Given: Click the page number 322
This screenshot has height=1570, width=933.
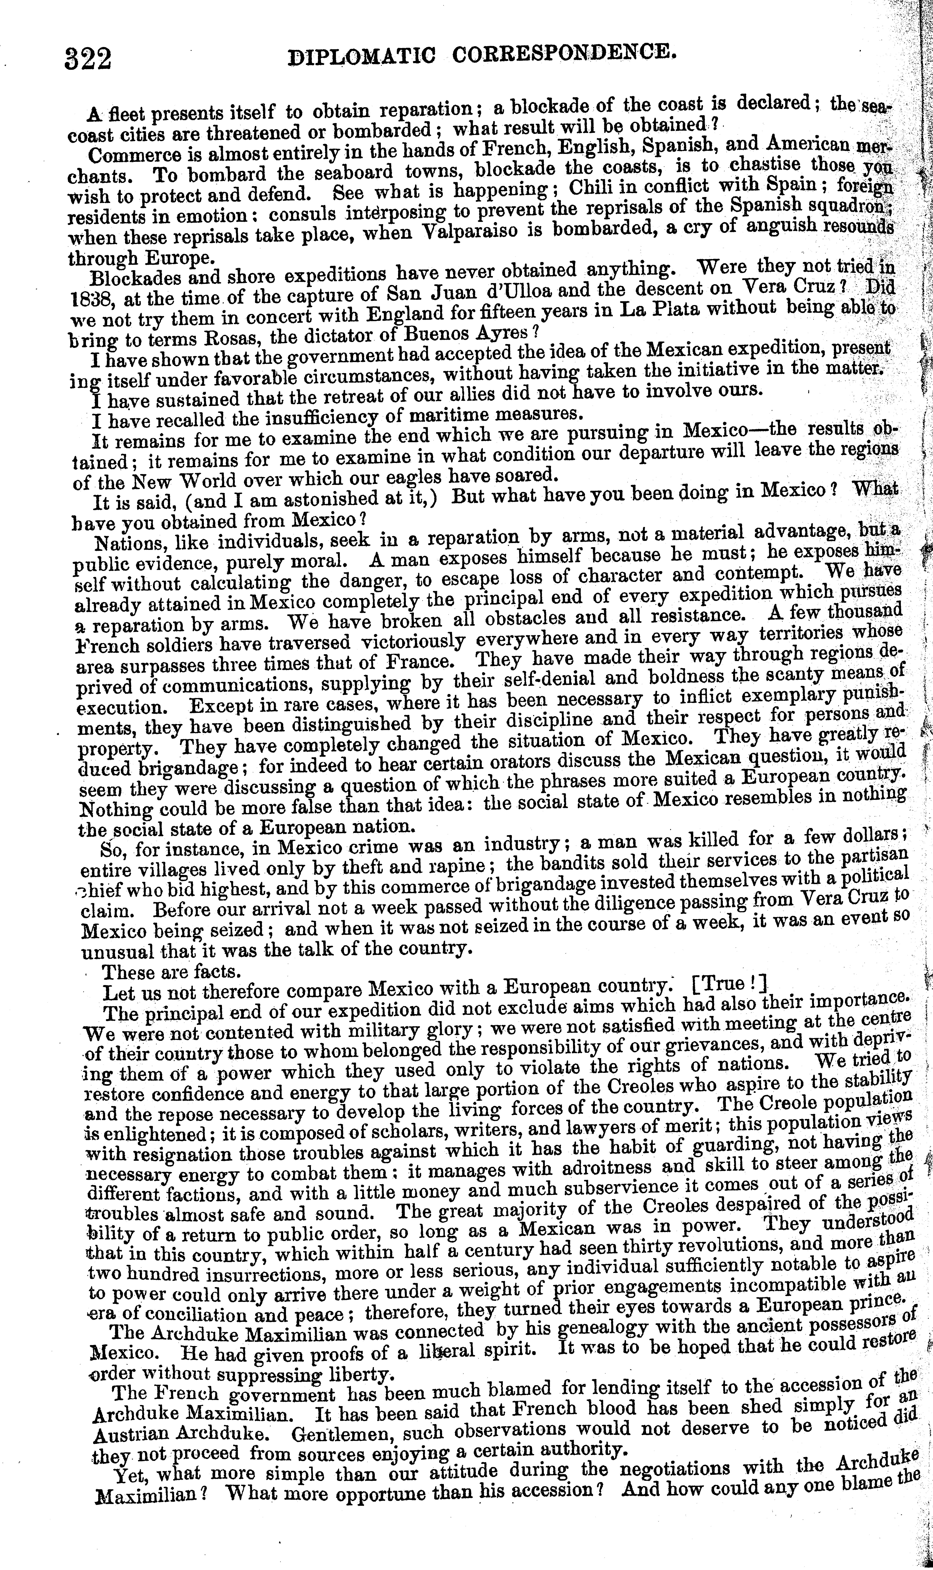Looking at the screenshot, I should [x=88, y=60].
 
